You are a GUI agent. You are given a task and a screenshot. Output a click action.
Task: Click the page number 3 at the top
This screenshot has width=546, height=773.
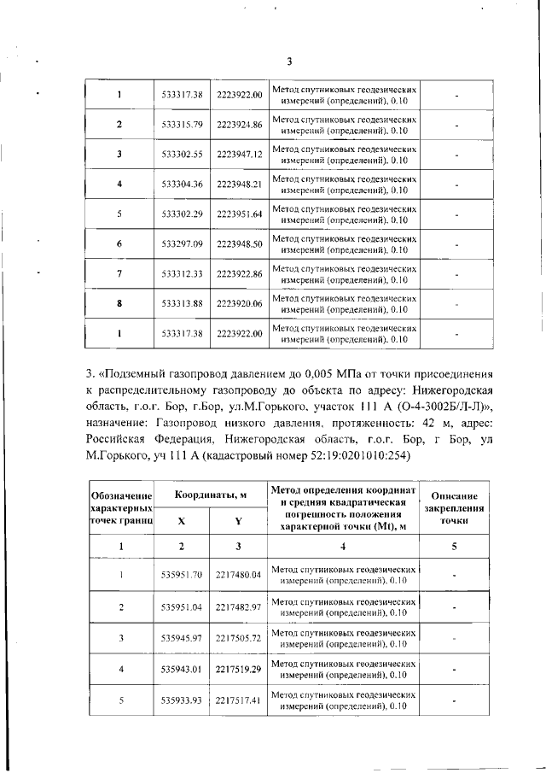[x=289, y=61]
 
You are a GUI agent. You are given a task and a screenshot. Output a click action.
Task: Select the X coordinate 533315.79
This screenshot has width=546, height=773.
[x=182, y=126]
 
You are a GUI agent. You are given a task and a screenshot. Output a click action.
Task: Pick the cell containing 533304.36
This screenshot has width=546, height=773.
[x=182, y=184]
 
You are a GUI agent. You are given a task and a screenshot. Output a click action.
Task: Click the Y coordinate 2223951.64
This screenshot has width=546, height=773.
[x=239, y=214]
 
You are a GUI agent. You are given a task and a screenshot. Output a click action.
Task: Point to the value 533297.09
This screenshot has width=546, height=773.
[x=182, y=244]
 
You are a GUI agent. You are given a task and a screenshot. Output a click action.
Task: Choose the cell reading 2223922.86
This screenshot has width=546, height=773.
[x=239, y=273]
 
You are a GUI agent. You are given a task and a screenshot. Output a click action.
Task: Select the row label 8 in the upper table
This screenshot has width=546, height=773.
[x=119, y=303]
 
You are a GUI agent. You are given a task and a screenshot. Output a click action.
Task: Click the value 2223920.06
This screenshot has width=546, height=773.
[x=239, y=303]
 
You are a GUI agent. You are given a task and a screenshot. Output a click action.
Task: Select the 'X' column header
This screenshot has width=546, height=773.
[x=182, y=520]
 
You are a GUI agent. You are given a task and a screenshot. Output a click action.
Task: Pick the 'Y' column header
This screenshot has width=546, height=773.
[x=239, y=520]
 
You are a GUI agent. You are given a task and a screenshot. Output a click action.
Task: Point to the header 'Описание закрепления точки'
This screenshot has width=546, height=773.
[x=460, y=507]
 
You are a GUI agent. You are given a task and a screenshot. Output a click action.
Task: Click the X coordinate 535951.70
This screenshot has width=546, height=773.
[x=182, y=575]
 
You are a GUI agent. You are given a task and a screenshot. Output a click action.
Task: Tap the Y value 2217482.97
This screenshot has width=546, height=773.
[x=239, y=606]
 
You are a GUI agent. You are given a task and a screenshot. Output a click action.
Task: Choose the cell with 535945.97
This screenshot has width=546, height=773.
[x=182, y=638]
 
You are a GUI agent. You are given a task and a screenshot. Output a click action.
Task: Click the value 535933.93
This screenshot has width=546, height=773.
[x=182, y=700]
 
